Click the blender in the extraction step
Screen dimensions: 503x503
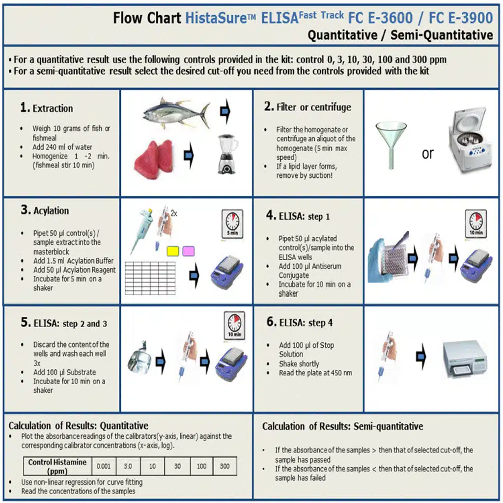(227, 154)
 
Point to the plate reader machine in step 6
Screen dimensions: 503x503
(464, 359)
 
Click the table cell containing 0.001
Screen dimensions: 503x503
(103, 466)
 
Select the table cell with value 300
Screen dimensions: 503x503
(224, 466)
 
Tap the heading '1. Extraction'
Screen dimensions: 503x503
(47, 109)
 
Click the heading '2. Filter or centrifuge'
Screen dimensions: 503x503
(307, 107)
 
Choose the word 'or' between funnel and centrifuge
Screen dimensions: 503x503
(427, 154)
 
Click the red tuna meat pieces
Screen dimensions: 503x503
(153, 159)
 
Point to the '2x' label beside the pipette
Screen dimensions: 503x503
(174, 214)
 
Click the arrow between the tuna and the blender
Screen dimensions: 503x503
(225, 112)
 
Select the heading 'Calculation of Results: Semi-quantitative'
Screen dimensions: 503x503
(342, 426)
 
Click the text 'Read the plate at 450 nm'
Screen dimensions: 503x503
(315, 373)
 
